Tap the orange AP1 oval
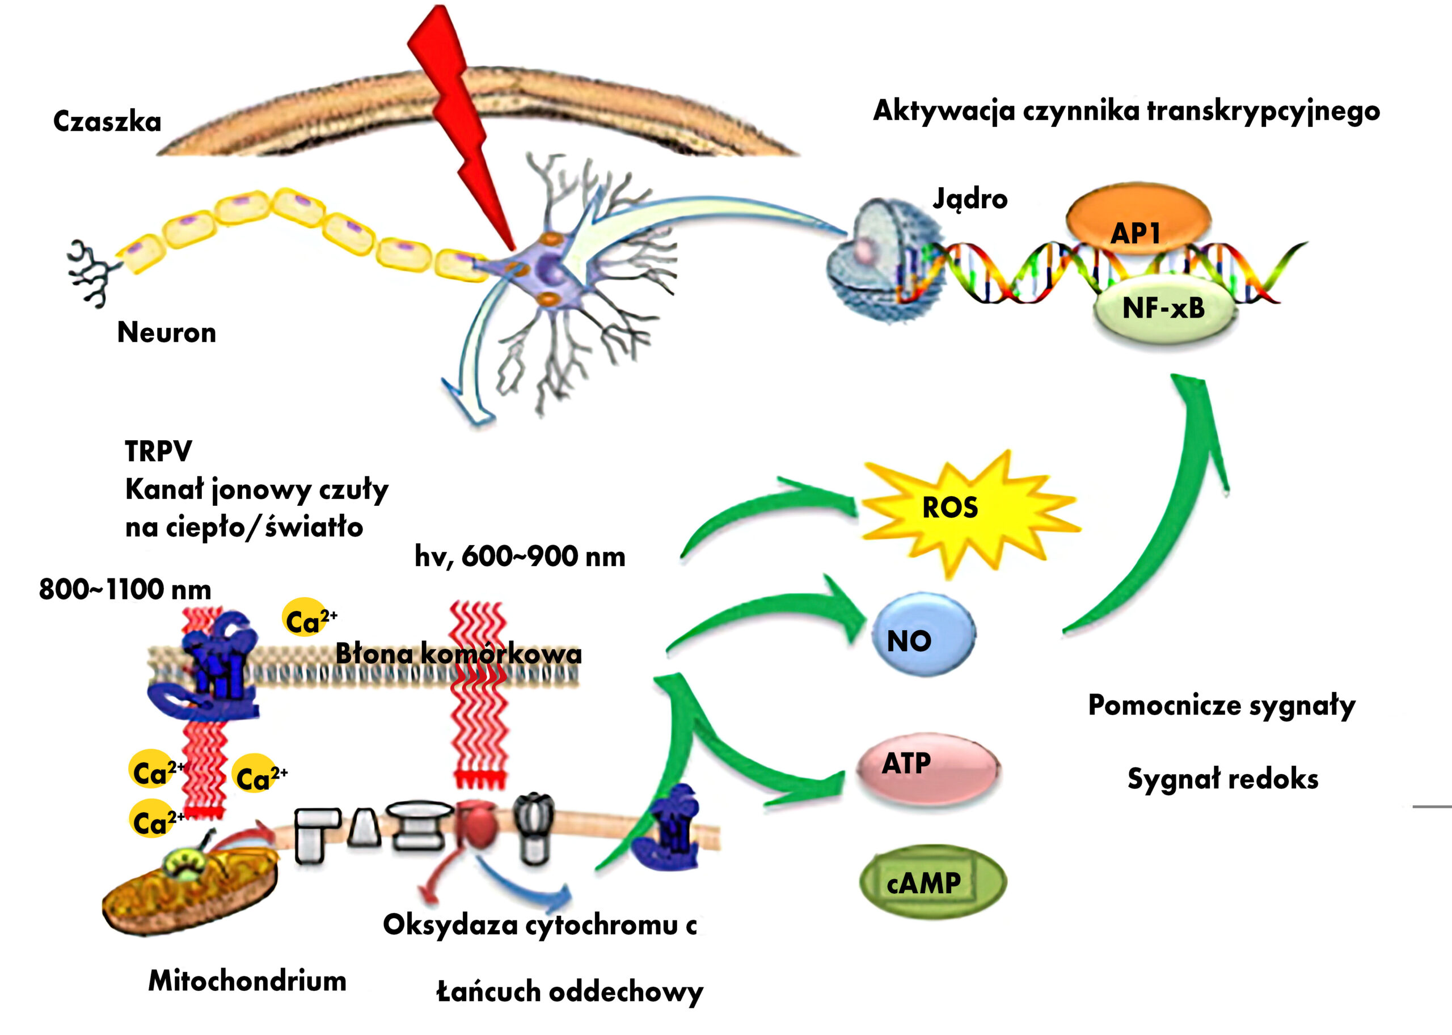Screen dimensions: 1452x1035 [1138, 220]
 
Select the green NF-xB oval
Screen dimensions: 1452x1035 [1164, 309]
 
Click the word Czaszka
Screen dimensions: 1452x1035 [107, 121]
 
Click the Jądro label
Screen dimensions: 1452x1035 [970, 200]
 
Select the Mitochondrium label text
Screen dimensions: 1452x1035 [247, 981]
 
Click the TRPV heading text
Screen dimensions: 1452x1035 [158, 451]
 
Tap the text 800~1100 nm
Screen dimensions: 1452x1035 [125, 589]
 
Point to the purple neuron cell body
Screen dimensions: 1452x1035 [548, 271]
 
